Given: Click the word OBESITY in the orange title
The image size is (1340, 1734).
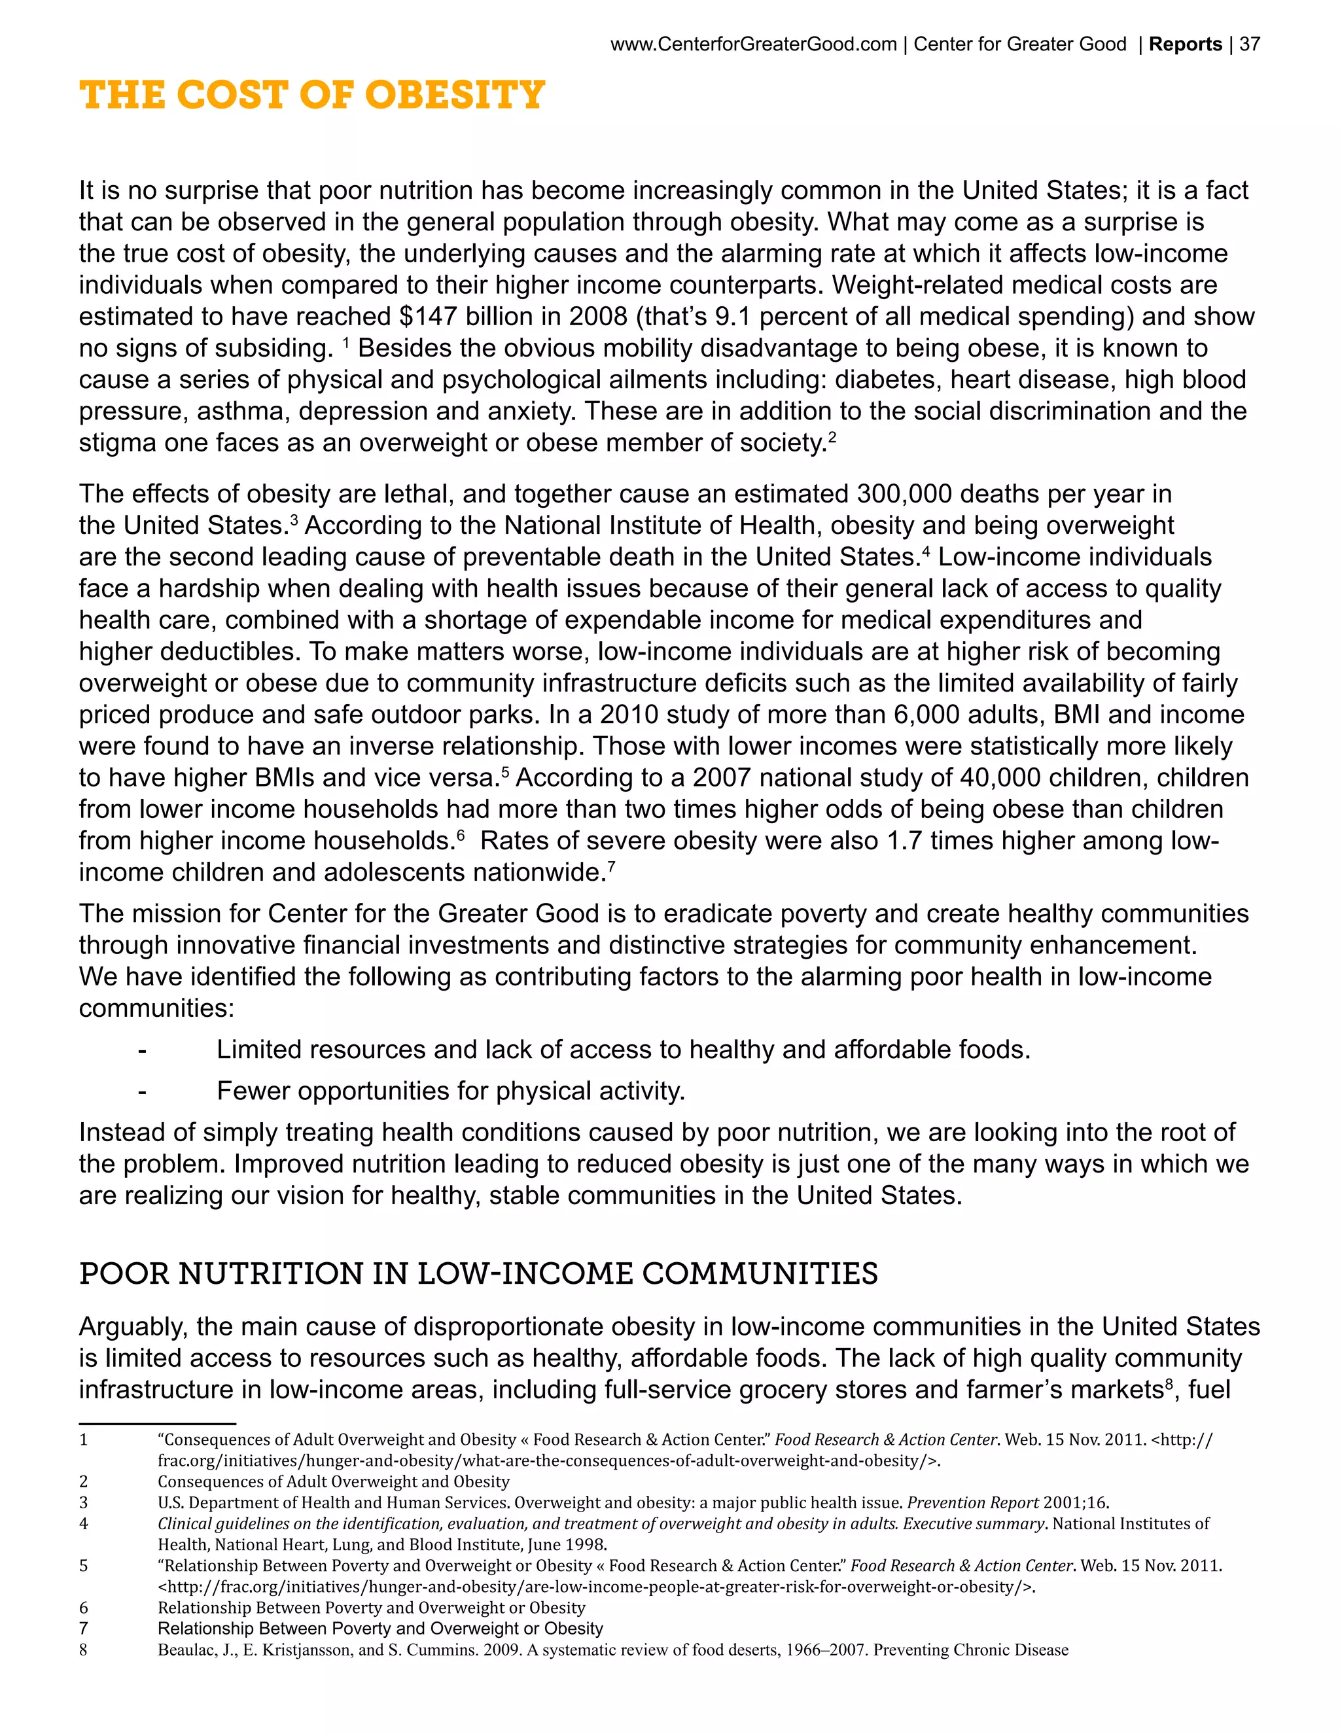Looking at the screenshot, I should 454,96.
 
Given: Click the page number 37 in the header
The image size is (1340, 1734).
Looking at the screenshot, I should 1250,44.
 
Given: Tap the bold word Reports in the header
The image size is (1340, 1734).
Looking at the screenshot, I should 1185,44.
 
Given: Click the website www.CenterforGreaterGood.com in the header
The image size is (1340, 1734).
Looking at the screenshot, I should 753,44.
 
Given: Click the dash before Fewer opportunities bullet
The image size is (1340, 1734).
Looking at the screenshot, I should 141,1091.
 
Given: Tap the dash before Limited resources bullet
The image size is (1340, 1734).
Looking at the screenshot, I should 141,1050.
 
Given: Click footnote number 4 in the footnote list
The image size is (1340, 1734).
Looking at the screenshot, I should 83,1523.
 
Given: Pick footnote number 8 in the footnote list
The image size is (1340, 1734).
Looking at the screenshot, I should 83,1650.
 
